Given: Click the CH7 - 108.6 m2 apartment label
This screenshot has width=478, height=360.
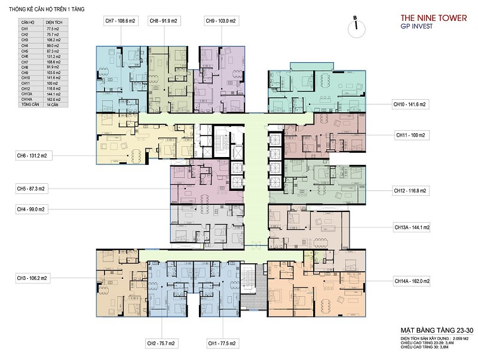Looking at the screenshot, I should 121,21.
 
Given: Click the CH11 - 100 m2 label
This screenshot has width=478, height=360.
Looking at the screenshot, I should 410,136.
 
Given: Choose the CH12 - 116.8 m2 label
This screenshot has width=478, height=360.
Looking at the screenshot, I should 412,191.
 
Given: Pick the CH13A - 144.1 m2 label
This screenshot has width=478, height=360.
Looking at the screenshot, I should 412,227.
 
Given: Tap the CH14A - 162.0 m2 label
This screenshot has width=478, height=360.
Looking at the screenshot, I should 412,281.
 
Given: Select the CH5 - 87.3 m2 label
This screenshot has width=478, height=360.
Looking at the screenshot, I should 32,189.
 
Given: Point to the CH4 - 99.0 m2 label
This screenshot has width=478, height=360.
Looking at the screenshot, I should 32,209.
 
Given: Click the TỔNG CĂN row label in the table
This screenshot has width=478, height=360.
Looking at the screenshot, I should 27,105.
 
